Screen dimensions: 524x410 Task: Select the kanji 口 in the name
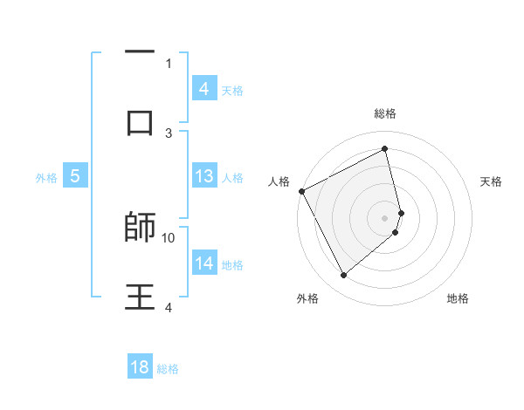pyautogui.click(x=140, y=122)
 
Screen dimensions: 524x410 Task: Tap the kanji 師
pyautogui.click(x=140, y=227)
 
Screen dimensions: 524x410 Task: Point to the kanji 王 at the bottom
pyautogui.click(x=140, y=297)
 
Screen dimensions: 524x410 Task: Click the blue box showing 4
pyautogui.click(x=203, y=88)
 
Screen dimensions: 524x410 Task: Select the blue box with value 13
pyautogui.click(x=203, y=176)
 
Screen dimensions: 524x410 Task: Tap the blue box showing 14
pyautogui.click(x=203, y=263)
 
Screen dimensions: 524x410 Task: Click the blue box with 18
pyautogui.click(x=140, y=367)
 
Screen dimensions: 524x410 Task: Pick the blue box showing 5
pyautogui.click(x=75, y=176)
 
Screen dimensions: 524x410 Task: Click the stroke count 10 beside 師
pyautogui.click(x=169, y=237)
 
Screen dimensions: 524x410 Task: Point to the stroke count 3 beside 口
pyautogui.click(x=169, y=133)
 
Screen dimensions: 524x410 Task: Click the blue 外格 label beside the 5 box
pyautogui.click(x=46, y=177)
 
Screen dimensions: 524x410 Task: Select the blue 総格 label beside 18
pyautogui.click(x=168, y=369)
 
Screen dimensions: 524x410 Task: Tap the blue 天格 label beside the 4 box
pyautogui.click(x=232, y=90)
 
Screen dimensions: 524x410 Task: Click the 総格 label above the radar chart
pyautogui.click(x=385, y=113)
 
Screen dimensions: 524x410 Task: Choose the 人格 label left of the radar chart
pyautogui.click(x=279, y=181)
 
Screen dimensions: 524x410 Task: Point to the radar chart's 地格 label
pyautogui.click(x=458, y=298)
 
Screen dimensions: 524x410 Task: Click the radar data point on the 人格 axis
pyautogui.click(x=301, y=191)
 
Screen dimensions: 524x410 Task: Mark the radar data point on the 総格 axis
pyautogui.click(x=385, y=148)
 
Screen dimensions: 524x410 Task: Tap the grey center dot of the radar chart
pyautogui.click(x=385, y=217)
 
